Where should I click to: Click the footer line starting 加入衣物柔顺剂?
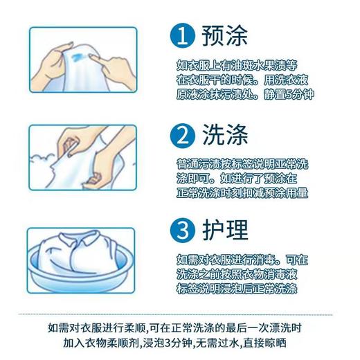pos(180,342)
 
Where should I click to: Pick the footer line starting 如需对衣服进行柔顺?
pos(180,326)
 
